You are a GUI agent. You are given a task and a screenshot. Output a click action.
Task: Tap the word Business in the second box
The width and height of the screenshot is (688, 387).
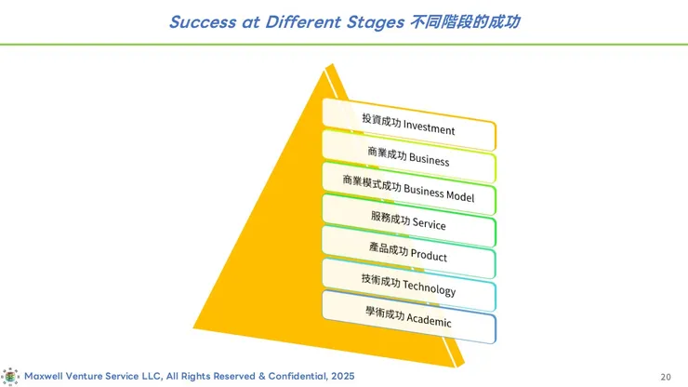[x=430, y=159]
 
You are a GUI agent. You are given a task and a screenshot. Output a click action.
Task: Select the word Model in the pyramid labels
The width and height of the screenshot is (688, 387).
[x=460, y=195]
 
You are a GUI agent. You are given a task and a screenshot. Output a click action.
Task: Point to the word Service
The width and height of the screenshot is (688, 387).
[x=430, y=223]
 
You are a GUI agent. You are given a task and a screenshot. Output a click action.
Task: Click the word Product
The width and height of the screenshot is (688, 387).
[x=429, y=255]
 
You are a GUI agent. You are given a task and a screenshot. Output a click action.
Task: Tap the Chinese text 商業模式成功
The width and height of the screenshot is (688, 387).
[x=372, y=183]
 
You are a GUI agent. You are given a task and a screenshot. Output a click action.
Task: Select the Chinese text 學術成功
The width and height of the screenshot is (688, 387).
[x=385, y=314]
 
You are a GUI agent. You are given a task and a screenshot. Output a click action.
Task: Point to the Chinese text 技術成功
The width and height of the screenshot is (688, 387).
[x=381, y=280]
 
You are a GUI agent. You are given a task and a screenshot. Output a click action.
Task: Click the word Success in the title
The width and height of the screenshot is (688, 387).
[x=203, y=22]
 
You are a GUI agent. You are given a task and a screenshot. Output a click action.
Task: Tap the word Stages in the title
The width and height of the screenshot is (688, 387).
[x=376, y=23]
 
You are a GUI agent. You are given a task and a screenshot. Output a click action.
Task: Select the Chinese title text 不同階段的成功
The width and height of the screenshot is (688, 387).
[x=465, y=22]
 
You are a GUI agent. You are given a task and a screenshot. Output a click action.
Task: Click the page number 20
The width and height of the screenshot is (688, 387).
[x=666, y=377]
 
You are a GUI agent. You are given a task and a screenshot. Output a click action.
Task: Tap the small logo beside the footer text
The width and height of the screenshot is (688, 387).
[x=10, y=377]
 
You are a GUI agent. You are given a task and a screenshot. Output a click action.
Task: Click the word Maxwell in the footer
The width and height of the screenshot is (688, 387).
[x=44, y=376]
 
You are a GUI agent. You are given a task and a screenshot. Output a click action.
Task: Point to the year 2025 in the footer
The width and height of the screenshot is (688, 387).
[x=343, y=376]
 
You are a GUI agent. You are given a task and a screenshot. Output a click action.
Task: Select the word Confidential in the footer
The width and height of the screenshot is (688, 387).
[x=298, y=376]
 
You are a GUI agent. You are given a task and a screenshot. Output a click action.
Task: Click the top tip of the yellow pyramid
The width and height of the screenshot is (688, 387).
[x=331, y=64]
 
